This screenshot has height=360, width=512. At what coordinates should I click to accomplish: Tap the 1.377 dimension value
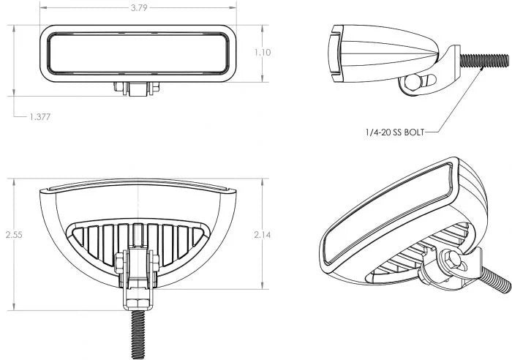coord(40,116)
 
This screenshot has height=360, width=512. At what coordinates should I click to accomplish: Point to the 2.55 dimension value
coord(13,235)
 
